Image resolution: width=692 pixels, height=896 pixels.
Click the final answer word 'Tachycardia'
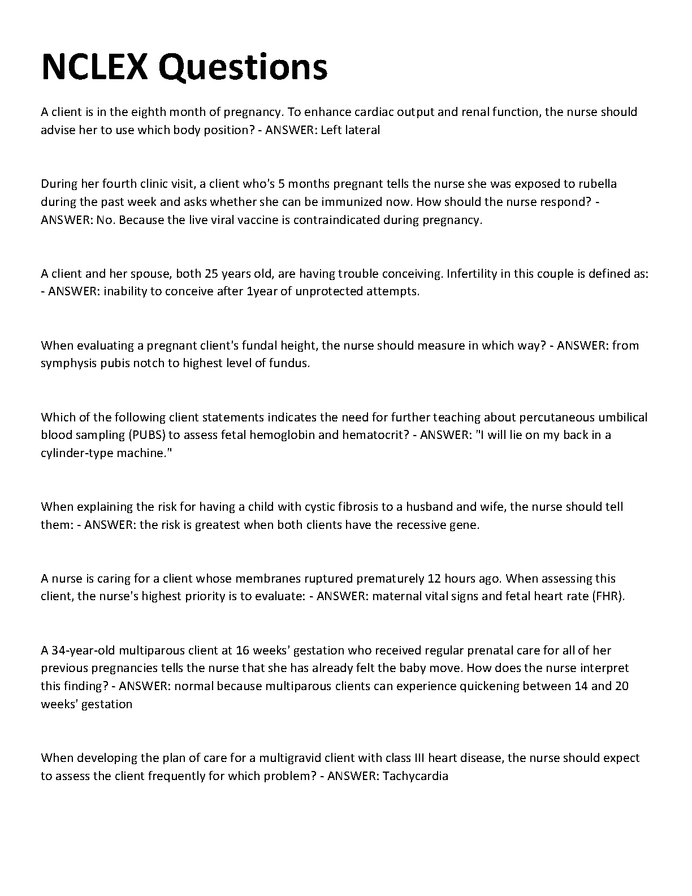(416, 776)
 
